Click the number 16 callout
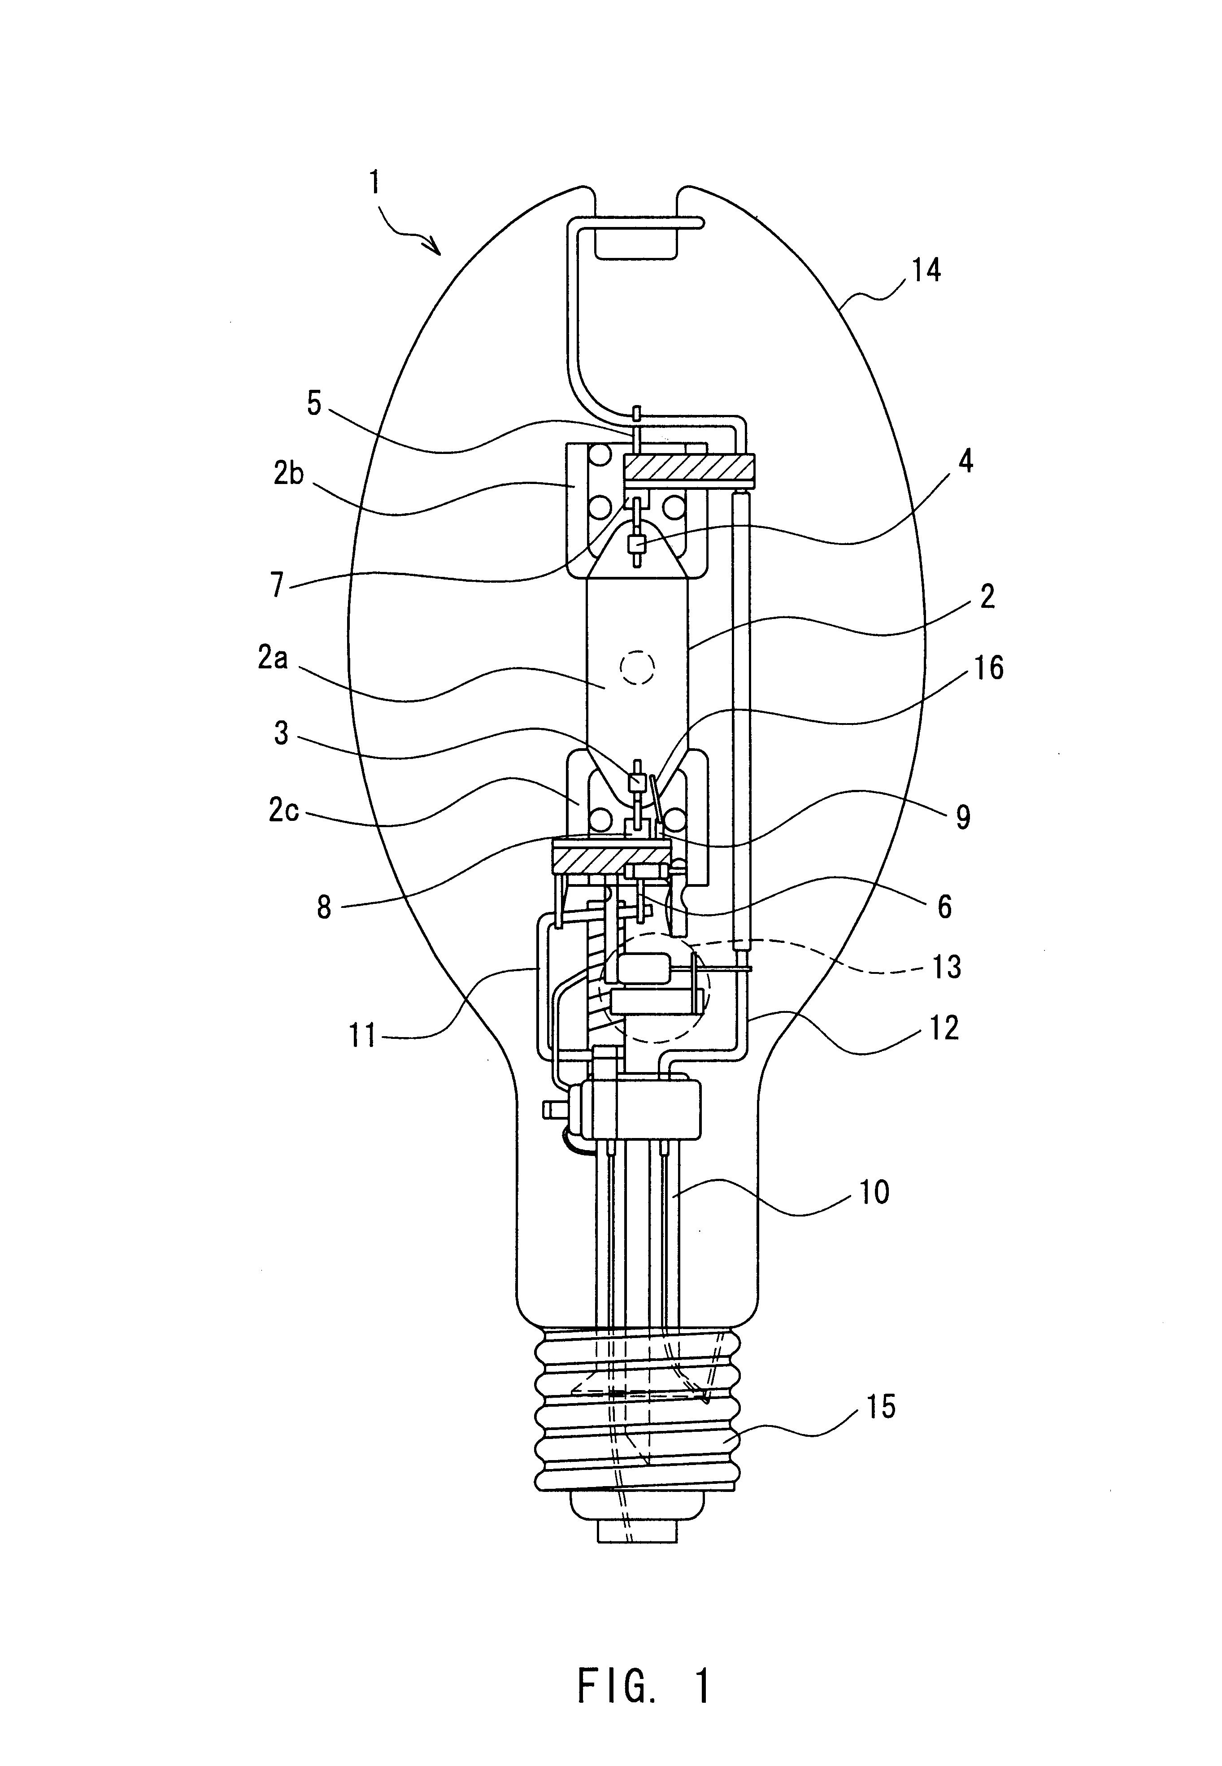coord(989,668)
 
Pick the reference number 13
coord(947,967)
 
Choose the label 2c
coord(283,810)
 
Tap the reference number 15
coord(881,1406)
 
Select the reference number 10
coord(874,1192)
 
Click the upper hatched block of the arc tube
coord(689,467)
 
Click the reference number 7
coord(277,585)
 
